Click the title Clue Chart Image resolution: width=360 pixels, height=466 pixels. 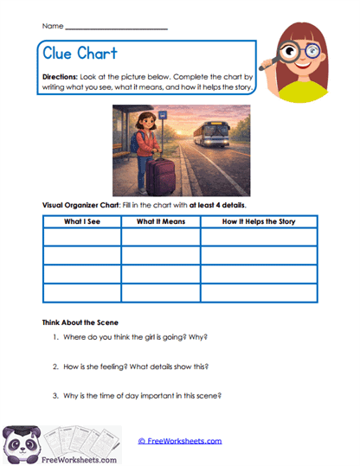click(80, 54)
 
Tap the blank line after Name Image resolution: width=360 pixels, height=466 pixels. click(117, 28)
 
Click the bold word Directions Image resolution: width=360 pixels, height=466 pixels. click(61, 77)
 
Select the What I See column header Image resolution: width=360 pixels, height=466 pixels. click(78, 222)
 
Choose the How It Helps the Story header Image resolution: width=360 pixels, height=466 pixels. click(258, 222)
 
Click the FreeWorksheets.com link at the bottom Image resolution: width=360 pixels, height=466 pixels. click(180, 440)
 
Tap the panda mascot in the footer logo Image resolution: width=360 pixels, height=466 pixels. click(22, 444)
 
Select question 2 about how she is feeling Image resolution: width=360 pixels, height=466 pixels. click(136, 367)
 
